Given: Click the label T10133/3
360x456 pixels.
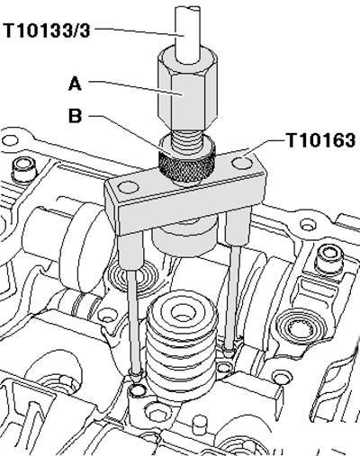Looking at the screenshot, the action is coord(47,31).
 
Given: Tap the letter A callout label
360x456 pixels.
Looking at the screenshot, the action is coord(75,84).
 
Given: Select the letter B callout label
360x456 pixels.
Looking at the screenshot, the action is coord(75,115).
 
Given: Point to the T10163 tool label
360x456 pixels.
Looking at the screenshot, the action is coord(321,140).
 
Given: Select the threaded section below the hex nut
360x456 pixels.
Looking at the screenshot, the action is coord(186,140).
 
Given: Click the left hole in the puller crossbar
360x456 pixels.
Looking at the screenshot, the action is coord(129,187).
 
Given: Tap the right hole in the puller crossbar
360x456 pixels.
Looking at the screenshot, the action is coord(242,164).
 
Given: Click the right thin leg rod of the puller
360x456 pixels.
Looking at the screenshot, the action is coord(233,297).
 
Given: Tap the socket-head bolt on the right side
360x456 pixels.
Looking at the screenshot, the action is coord(330,260).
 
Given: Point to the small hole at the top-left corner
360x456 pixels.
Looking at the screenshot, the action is coord(10,140).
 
